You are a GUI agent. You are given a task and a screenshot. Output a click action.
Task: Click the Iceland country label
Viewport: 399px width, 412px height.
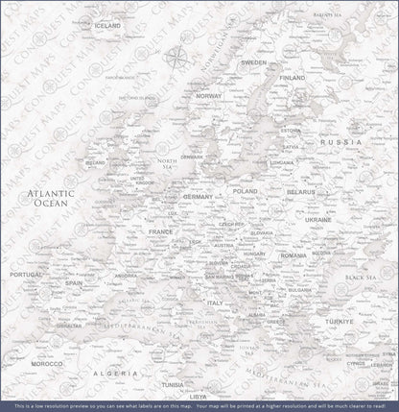coord(107,25)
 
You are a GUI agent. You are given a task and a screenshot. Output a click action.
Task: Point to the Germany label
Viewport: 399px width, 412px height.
coord(199,196)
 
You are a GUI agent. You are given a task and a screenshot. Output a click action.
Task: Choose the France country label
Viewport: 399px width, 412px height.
coord(159,231)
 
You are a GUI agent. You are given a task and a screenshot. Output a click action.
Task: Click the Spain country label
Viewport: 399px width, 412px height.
coord(73,283)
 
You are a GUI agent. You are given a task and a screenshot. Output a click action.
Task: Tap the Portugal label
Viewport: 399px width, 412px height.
coord(26,275)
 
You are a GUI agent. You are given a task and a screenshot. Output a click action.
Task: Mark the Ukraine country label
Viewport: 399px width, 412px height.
coord(317,220)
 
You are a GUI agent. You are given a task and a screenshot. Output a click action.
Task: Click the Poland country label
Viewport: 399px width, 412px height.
coord(245,191)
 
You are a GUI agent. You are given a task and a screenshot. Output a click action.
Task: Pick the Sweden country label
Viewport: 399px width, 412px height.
coord(254,62)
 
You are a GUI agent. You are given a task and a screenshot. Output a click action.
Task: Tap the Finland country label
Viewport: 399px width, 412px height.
coord(292,77)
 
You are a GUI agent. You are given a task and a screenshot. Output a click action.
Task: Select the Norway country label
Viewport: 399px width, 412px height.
coord(208,96)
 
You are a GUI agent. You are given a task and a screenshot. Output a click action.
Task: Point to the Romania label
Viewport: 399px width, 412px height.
coord(293,255)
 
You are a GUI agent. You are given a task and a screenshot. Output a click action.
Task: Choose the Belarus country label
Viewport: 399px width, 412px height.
coord(301,192)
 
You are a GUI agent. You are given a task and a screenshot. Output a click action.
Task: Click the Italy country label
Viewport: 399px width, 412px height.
coord(215,303)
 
